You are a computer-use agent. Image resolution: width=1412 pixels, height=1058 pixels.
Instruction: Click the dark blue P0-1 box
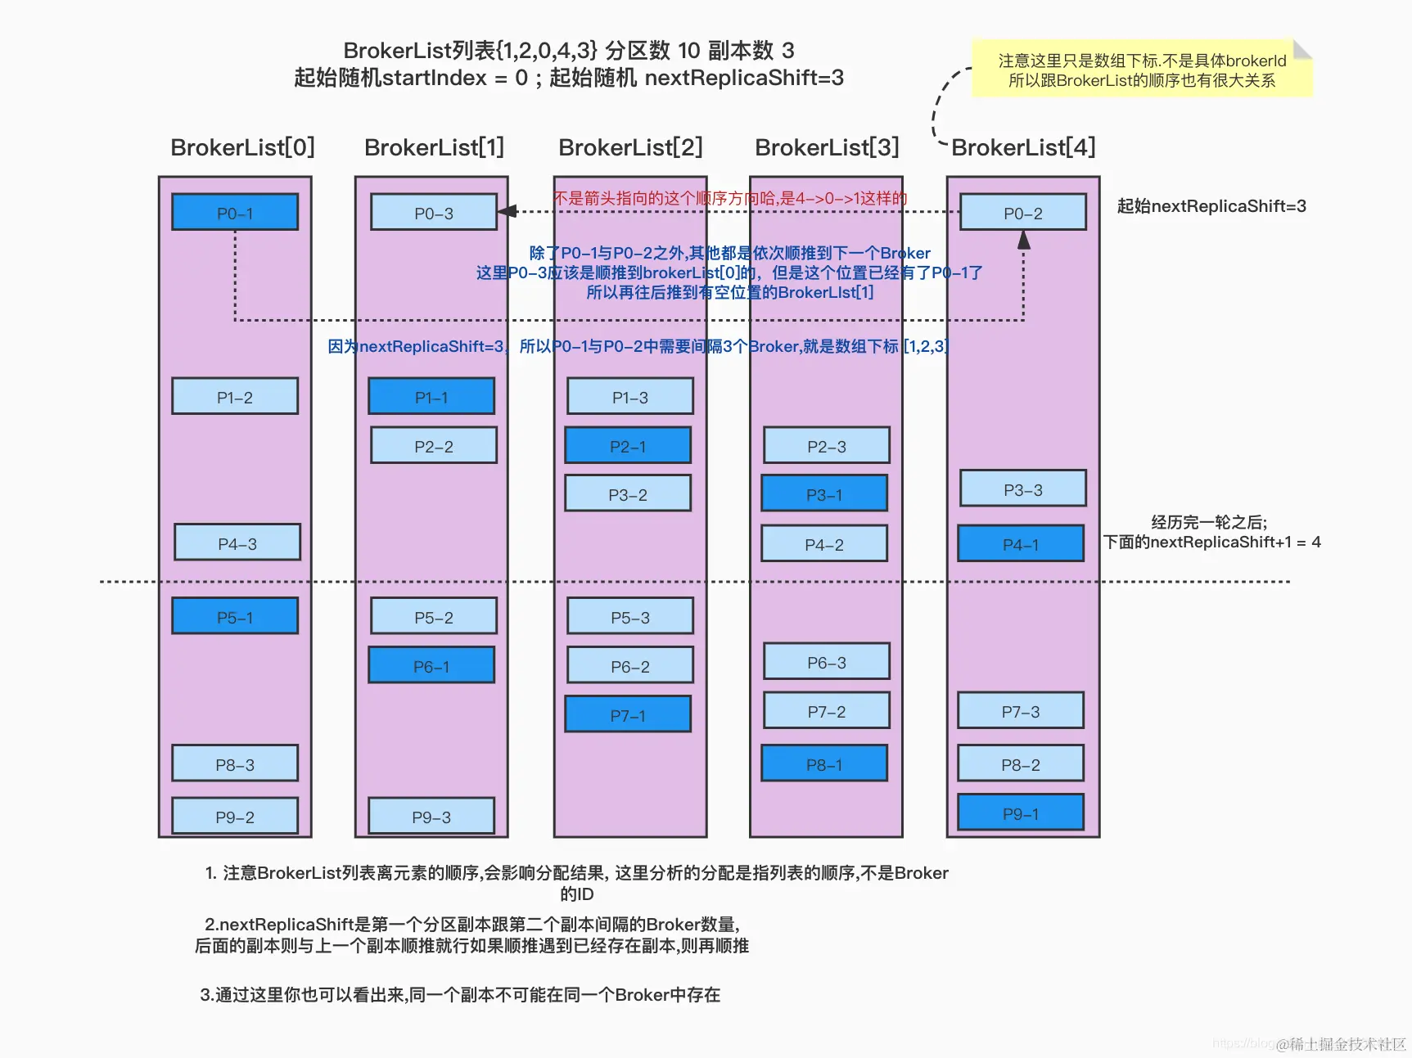[235, 213]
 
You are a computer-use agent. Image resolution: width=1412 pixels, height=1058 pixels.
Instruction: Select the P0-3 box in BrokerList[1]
[433, 213]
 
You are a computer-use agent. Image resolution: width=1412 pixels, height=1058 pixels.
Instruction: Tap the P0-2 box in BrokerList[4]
[1022, 213]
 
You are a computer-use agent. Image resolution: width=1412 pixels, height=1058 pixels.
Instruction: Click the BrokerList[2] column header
[630, 147]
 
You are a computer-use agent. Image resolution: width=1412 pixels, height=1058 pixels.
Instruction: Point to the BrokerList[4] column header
[1022, 147]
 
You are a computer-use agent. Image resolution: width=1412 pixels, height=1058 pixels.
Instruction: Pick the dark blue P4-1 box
[1020, 544]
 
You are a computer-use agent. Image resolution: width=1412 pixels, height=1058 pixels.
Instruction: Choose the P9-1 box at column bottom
[1020, 813]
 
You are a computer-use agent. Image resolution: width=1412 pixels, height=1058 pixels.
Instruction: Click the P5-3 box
[629, 617]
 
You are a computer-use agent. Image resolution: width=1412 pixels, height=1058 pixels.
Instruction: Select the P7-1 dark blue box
[628, 715]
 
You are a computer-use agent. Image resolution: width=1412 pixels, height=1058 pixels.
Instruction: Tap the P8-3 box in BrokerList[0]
[235, 764]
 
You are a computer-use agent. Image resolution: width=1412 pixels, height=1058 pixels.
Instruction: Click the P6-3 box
[826, 662]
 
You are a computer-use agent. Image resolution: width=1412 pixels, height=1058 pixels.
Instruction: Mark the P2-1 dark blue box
[628, 446]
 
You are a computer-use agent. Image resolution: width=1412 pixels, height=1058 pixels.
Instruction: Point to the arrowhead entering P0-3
[507, 211]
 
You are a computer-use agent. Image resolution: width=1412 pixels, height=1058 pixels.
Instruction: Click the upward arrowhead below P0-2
[1023, 240]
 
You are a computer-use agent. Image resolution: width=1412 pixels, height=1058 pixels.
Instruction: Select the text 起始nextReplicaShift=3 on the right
[1211, 206]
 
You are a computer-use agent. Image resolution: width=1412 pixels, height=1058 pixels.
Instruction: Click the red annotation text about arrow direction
[729, 198]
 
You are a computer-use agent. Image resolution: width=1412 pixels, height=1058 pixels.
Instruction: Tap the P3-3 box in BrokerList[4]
[1022, 489]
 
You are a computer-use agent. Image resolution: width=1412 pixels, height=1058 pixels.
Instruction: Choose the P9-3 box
[431, 817]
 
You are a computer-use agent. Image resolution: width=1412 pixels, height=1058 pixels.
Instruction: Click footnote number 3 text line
[460, 994]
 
